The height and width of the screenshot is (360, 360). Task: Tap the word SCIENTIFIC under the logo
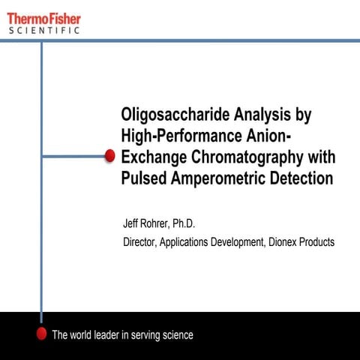[x=44, y=31]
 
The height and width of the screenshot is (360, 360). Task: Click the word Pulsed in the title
[x=145, y=178]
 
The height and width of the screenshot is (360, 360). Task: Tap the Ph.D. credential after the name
[x=190, y=224]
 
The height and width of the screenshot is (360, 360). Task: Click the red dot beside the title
[x=109, y=155]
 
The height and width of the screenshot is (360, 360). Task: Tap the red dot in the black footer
[x=42, y=334]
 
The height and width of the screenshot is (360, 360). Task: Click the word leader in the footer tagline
[x=106, y=334]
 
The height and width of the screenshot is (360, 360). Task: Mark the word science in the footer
[x=176, y=334]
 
